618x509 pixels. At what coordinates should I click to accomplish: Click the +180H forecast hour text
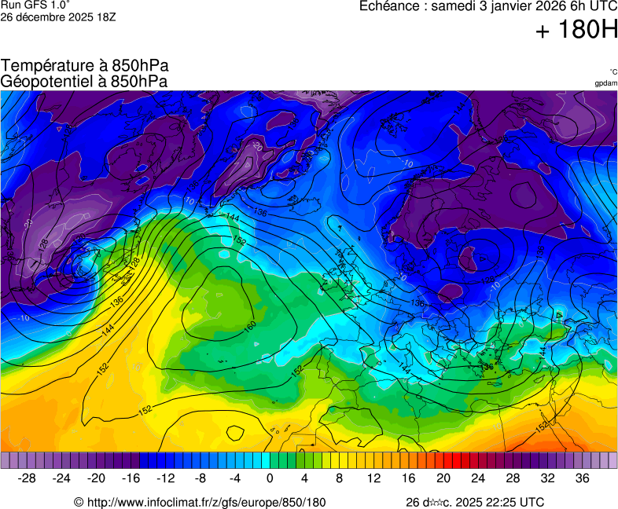[x=576, y=31]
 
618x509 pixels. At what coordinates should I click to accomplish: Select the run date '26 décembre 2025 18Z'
[x=58, y=16]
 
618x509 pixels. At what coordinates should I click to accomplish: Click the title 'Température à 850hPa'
[x=85, y=66]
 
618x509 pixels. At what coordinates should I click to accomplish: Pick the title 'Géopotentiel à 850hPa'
[x=84, y=81]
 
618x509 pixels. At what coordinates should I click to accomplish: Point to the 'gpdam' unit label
[x=605, y=82]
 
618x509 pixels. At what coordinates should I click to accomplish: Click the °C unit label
[x=612, y=71]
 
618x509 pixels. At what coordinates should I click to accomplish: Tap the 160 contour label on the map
[x=250, y=325]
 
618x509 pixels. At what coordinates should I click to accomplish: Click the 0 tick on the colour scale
[x=270, y=478]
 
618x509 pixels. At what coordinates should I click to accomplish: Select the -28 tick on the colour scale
[x=27, y=478]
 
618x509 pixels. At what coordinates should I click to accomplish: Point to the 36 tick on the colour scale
[x=582, y=478]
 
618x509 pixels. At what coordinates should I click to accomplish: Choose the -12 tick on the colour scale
[x=165, y=478]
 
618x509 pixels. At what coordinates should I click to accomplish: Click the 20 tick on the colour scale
[x=443, y=478]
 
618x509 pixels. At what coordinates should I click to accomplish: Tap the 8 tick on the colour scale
[x=339, y=478]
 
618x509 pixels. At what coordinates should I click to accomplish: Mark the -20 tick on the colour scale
[x=96, y=478]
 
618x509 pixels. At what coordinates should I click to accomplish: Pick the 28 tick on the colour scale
[x=513, y=478]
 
